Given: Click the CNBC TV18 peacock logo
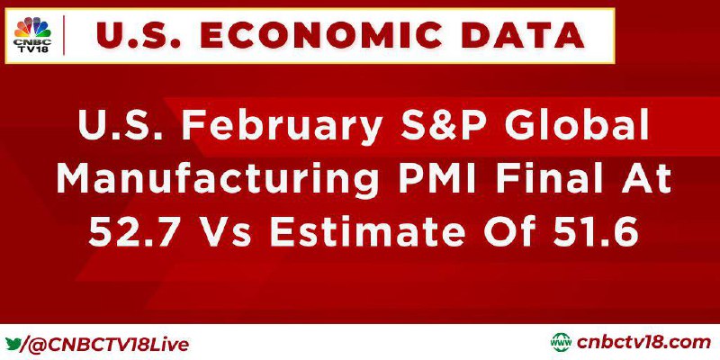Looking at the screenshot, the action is (32, 35).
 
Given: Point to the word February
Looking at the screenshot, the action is (282, 126).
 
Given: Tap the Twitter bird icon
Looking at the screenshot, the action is (13, 344).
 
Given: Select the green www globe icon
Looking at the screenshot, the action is (561, 343).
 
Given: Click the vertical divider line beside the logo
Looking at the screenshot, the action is (63, 35).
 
